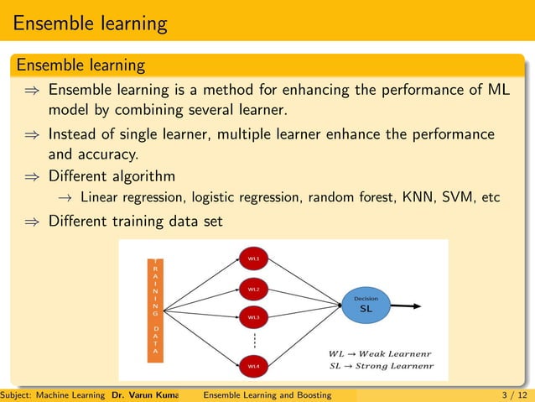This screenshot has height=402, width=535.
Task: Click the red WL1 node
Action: (253, 259)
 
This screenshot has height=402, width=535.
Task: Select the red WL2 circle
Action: (253, 289)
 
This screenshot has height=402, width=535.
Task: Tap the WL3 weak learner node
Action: (253, 318)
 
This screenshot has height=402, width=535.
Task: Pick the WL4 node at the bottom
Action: (253, 366)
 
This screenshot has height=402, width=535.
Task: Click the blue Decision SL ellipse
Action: (366, 305)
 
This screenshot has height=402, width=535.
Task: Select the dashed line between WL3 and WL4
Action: (253, 342)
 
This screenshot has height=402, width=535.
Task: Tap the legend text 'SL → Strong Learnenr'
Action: (382, 366)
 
